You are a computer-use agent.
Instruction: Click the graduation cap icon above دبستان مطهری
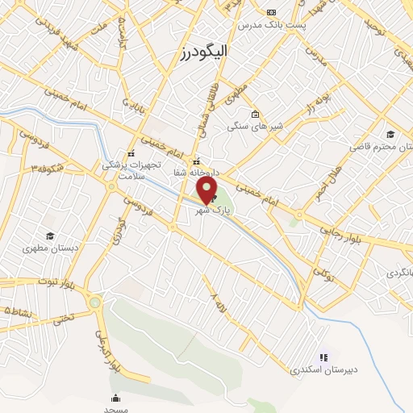pyautogui.click(x=50, y=236)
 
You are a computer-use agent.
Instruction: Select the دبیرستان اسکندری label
pyautogui.click(x=323, y=370)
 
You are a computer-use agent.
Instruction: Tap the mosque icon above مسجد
pyautogui.click(x=115, y=398)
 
